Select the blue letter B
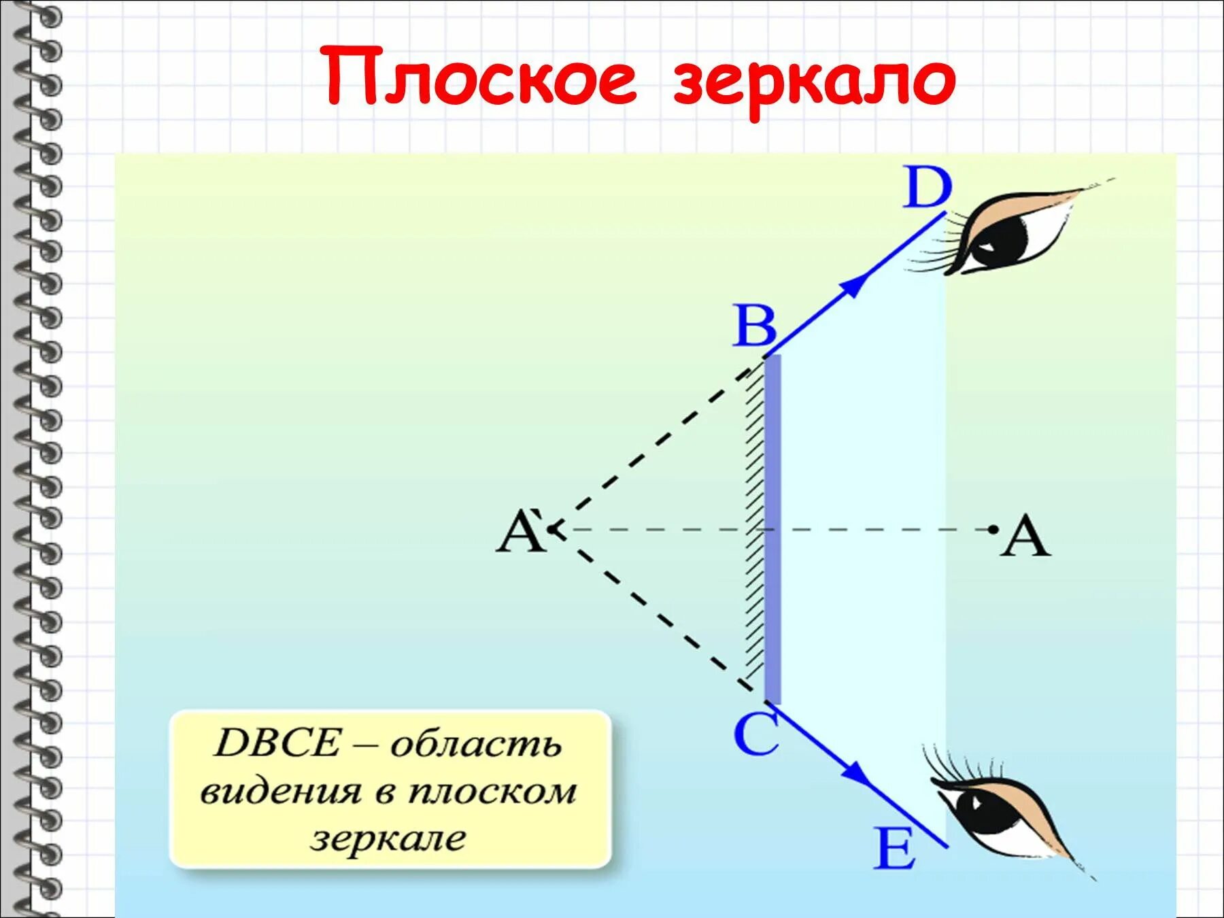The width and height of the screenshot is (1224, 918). (x=754, y=326)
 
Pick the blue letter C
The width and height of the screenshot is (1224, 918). (x=755, y=734)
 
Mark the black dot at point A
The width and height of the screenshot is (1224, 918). (x=993, y=528)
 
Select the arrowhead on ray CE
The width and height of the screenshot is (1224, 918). (x=856, y=773)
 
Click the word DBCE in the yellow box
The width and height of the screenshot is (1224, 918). (x=276, y=743)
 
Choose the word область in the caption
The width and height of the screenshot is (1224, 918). (x=475, y=745)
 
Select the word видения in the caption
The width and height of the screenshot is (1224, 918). (x=280, y=792)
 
